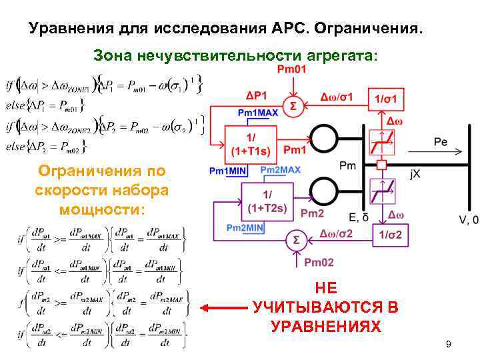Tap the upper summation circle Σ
pyautogui.click(x=292, y=105)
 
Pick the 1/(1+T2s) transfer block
pyautogui.click(x=267, y=200)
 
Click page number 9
pyautogui.click(x=448, y=344)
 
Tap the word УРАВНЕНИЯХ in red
pyautogui.click(x=326, y=327)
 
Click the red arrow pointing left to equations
pyautogui.click(x=224, y=308)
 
